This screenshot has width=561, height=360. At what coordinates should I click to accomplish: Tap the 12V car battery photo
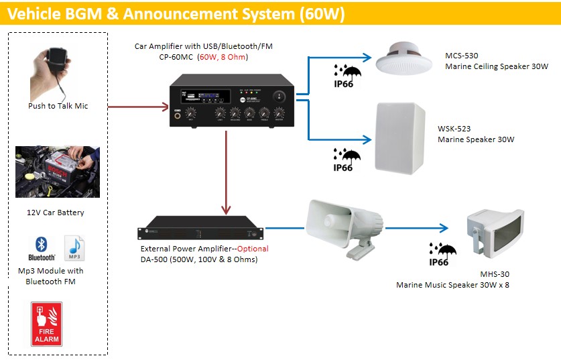coord(58,172)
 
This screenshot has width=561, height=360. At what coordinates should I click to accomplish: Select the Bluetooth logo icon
coord(41,248)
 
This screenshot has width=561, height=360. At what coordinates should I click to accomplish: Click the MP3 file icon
coord(73,247)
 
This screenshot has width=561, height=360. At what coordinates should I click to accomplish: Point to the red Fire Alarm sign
coord(46,323)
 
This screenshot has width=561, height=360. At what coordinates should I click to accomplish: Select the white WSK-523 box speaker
coord(400,137)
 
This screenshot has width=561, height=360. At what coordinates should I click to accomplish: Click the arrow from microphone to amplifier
coord(137,106)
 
